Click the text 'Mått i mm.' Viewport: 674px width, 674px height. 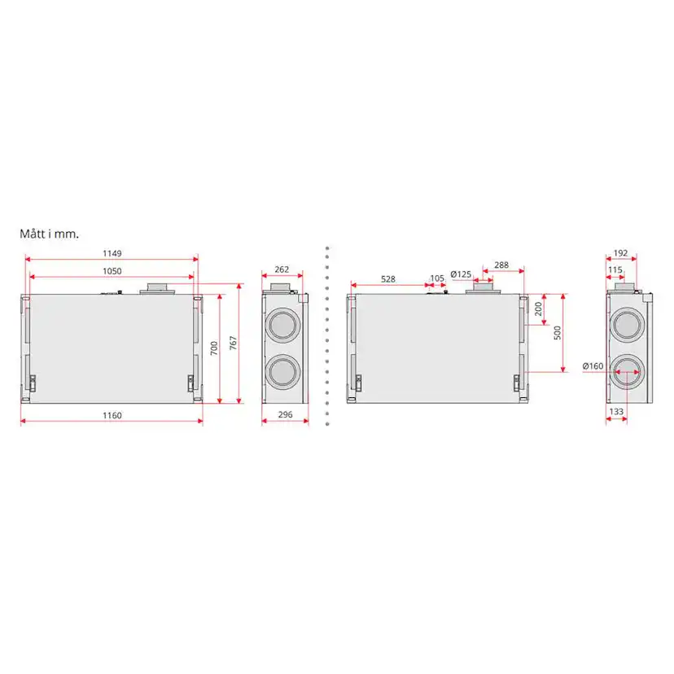[x=50, y=234]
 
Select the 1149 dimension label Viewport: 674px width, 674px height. [x=112, y=253]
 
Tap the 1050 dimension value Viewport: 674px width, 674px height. [x=112, y=271]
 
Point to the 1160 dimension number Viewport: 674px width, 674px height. [x=112, y=415]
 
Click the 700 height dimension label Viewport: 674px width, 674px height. [x=214, y=348]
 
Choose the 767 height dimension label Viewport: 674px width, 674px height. [x=233, y=343]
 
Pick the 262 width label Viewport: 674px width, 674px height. [x=282, y=269]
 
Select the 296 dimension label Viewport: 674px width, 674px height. [x=285, y=414]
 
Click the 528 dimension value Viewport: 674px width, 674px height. [x=388, y=279]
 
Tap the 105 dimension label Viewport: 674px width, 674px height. [x=437, y=278]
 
